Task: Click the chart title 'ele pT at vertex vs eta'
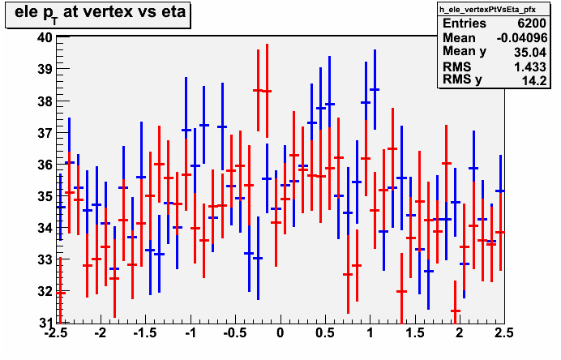100,13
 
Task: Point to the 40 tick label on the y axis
45,37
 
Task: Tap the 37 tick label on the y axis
45,133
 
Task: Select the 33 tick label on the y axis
45,259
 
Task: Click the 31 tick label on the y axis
45,323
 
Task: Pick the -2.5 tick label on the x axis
56,333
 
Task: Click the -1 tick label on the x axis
191,333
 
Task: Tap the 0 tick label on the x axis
280,333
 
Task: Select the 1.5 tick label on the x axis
414,333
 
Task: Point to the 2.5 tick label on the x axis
503,333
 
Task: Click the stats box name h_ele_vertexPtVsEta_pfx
488,10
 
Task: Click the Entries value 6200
532,24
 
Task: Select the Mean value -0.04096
522,37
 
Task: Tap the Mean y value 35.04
530,52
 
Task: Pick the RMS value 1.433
530,66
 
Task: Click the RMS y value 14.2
534,81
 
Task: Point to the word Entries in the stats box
465,24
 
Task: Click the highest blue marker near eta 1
375,89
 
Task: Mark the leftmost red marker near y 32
61,293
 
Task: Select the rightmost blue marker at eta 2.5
500,191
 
